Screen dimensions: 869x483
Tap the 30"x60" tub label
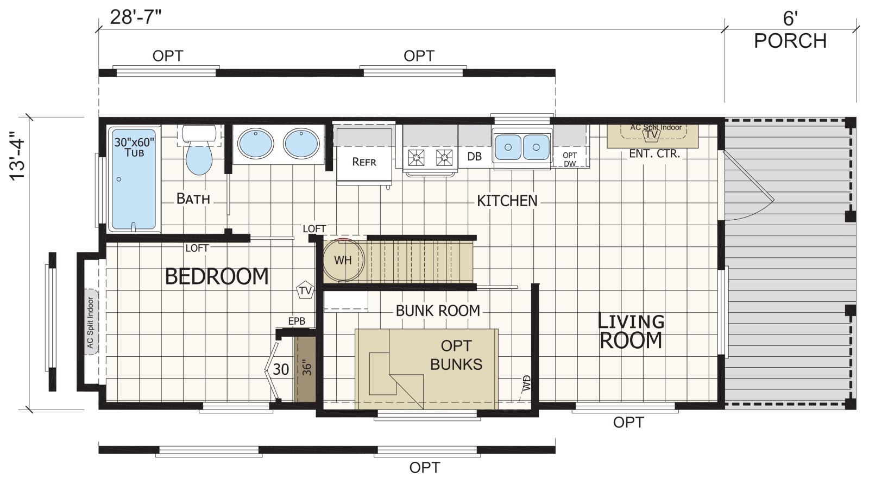(134, 147)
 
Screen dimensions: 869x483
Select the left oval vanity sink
(256, 144)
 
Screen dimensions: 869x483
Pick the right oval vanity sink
(301, 144)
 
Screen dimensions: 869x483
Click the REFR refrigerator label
(364, 162)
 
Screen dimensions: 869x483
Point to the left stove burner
(416, 158)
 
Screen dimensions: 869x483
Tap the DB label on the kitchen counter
(474, 157)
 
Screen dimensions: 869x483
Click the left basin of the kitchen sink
(508, 147)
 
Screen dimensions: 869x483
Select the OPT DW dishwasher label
(570, 159)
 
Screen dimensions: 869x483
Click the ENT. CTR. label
(654, 154)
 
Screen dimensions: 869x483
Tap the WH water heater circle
(343, 260)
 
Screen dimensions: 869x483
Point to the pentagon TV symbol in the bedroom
(305, 290)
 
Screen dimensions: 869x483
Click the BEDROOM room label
(217, 277)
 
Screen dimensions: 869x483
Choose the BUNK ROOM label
(438, 311)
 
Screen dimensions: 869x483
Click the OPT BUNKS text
(456, 355)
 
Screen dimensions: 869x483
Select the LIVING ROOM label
(631, 331)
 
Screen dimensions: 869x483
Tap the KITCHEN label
(507, 201)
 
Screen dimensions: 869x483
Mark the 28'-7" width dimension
(135, 17)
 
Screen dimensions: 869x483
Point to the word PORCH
(790, 41)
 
